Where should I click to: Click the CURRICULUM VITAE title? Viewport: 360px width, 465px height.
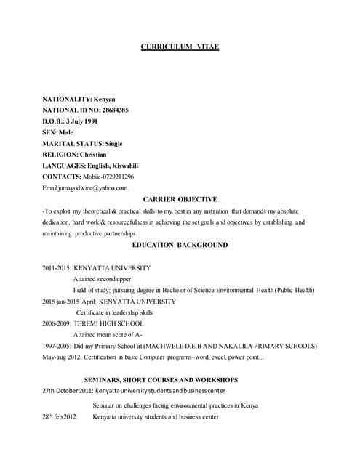coord(180,47)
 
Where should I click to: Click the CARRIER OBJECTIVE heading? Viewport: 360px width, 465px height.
coord(180,199)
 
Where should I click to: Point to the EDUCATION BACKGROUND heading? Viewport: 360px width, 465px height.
coord(180,245)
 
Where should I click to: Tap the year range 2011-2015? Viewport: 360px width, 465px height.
coord(57,267)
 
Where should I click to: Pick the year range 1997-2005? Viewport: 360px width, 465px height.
coord(57,346)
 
